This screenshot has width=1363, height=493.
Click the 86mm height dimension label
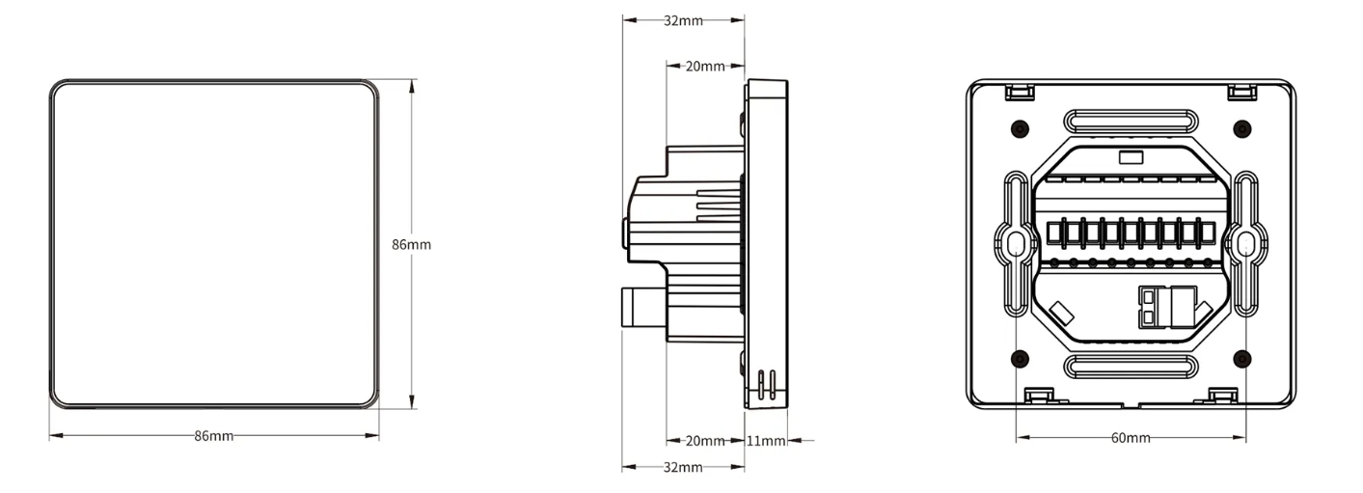click(x=411, y=244)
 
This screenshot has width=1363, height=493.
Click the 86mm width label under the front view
click(x=214, y=436)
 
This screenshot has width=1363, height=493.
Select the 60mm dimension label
click(x=1131, y=438)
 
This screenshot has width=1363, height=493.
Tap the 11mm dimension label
click(x=767, y=441)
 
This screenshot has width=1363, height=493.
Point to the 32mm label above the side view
click(x=683, y=20)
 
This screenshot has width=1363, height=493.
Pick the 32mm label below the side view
click(x=683, y=468)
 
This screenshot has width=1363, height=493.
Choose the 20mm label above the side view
click(x=704, y=67)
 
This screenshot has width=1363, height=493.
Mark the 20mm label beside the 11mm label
click(x=704, y=441)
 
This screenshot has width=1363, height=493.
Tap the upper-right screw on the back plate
click(x=1242, y=128)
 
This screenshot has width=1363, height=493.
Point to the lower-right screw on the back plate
click(x=1242, y=359)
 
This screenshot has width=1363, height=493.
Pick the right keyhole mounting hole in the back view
click(x=1243, y=245)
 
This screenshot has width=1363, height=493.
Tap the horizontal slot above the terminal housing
click(x=1131, y=122)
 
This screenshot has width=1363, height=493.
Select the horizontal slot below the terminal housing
click(x=1131, y=367)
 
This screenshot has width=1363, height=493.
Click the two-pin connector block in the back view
click(x=1149, y=306)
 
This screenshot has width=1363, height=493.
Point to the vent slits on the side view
click(x=767, y=382)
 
